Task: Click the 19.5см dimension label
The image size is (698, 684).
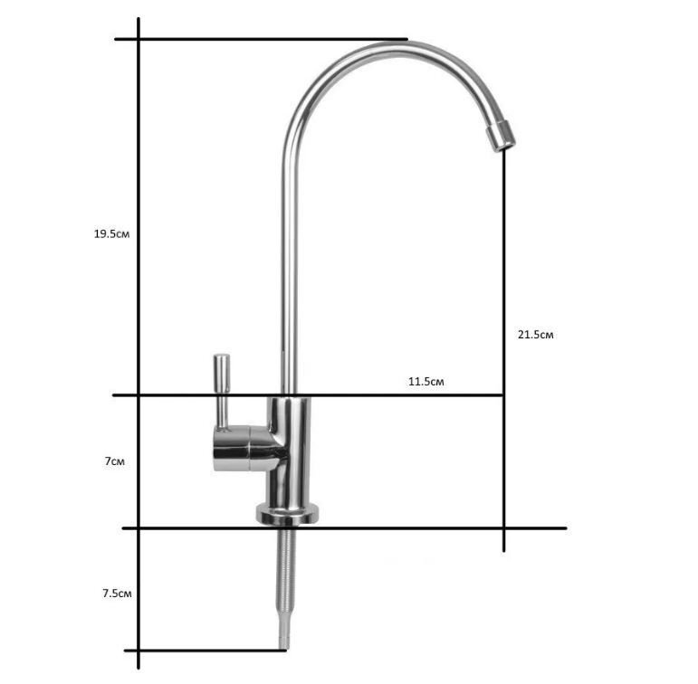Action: [x=111, y=233]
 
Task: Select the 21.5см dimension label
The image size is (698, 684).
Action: [x=536, y=335]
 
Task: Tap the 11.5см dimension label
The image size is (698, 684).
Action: [x=426, y=382]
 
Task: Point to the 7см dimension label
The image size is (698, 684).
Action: [x=114, y=461]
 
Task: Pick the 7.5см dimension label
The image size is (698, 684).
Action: [x=117, y=594]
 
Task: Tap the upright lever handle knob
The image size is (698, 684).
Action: [x=222, y=373]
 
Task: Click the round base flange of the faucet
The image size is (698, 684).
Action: [x=288, y=514]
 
